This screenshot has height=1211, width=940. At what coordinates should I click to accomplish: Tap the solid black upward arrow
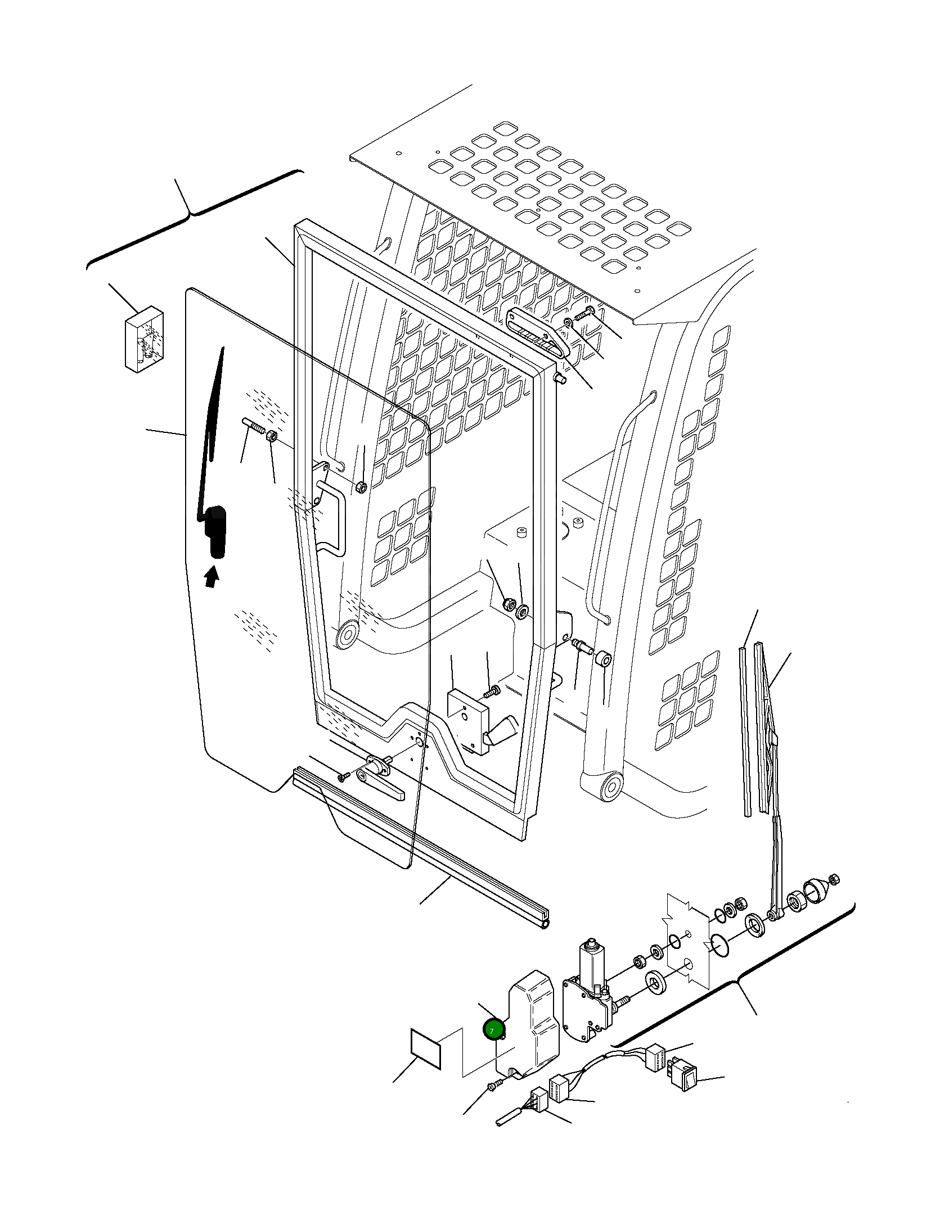point(211,577)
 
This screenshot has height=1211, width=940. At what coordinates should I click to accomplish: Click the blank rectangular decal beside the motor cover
point(426,1049)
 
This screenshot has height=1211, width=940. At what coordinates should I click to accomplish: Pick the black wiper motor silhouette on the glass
point(217,531)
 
